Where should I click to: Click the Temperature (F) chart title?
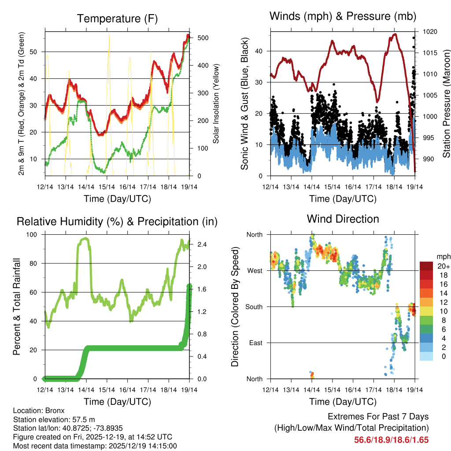117,18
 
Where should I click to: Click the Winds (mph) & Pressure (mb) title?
343,16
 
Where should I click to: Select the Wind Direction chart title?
343,218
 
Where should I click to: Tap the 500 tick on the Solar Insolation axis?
203,38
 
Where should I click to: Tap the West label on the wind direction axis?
254,270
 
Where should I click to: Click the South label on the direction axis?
253,307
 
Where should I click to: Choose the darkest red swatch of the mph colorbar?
426,266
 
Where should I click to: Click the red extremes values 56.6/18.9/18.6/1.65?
391,440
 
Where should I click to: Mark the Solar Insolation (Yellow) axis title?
216,103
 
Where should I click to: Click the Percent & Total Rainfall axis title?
17,307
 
